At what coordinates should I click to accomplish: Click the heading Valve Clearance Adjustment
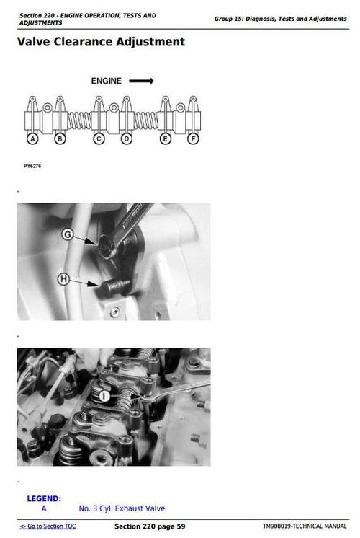coord(101,42)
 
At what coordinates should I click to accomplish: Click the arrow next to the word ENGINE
coord(141,81)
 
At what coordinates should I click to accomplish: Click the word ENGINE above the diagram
coord(106,81)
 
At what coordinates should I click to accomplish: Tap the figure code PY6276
coord(32,166)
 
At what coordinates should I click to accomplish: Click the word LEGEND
coord(44,498)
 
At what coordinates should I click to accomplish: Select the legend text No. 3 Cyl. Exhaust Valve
coord(122,508)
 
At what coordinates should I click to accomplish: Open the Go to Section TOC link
coord(48,526)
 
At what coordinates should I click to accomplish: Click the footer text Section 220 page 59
coord(150,526)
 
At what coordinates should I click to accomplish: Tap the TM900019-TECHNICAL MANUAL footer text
coord(305,526)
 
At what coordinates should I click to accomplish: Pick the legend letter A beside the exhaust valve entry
coord(44,508)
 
